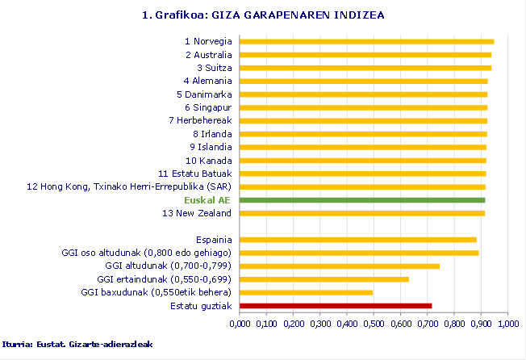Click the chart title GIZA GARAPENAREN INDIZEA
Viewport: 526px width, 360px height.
(262, 15)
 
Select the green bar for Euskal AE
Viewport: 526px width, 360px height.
(362, 199)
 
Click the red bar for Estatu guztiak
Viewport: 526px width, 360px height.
(336, 306)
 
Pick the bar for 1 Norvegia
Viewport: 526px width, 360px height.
(367, 41)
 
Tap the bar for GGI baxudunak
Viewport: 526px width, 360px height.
(307, 292)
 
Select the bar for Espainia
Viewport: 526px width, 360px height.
(358, 240)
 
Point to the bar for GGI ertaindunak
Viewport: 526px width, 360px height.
(324, 279)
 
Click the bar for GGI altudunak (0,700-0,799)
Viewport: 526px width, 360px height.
(340, 266)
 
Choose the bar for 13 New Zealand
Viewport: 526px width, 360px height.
(362, 213)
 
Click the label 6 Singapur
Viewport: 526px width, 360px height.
(208, 107)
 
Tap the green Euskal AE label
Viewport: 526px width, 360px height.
(207, 199)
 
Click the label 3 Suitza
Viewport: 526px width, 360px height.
(214, 68)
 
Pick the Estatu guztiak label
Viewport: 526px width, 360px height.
(201, 306)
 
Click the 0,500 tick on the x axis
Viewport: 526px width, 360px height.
(374, 324)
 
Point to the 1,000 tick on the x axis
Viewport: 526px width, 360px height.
(507, 324)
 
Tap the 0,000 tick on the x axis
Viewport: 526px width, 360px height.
(240, 324)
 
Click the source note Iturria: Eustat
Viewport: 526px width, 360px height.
(77, 344)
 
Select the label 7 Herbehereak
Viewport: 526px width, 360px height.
(200, 120)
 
